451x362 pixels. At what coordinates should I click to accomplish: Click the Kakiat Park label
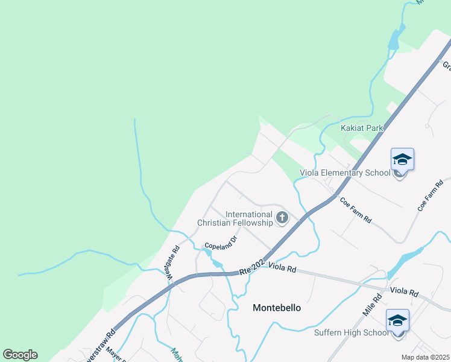(x=362, y=128)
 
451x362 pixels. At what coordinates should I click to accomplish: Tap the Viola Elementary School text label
(x=345, y=173)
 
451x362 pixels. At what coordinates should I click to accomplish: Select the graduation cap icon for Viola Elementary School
(x=402, y=160)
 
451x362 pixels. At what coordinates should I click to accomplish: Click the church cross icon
(x=282, y=218)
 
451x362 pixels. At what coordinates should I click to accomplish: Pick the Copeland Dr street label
(x=221, y=243)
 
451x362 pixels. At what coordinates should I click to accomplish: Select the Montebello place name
(x=276, y=308)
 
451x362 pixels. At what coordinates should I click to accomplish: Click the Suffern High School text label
(x=352, y=332)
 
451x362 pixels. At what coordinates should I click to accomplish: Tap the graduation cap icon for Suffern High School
(x=397, y=321)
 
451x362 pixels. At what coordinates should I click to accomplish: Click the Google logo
(x=20, y=355)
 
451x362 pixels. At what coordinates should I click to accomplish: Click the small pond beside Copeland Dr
(x=216, y=264)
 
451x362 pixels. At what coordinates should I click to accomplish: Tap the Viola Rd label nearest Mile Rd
(x=404, y=292)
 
